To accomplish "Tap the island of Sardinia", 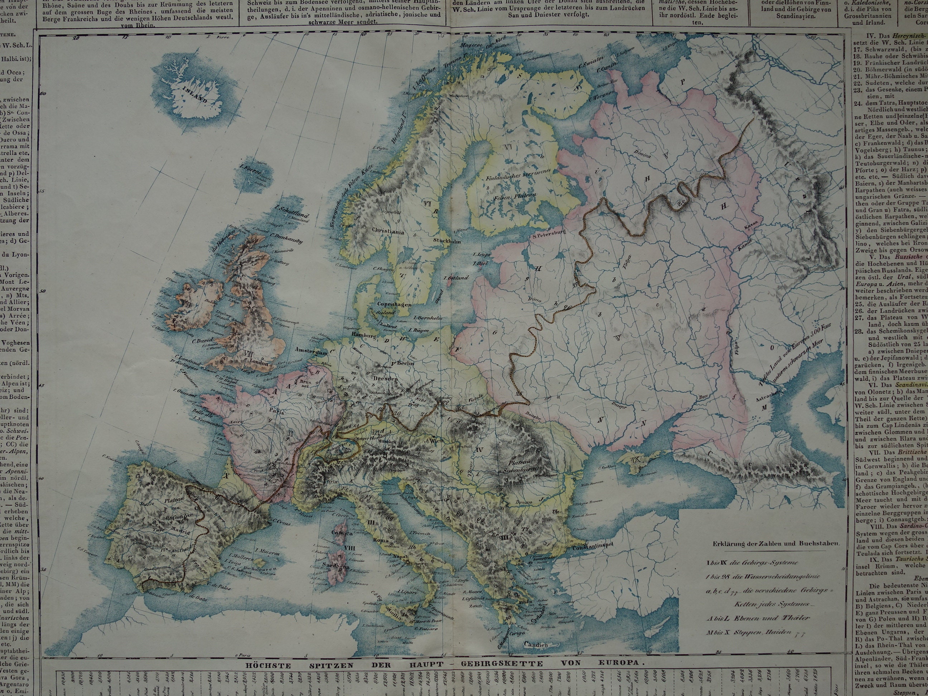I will [x=337, y=564].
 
